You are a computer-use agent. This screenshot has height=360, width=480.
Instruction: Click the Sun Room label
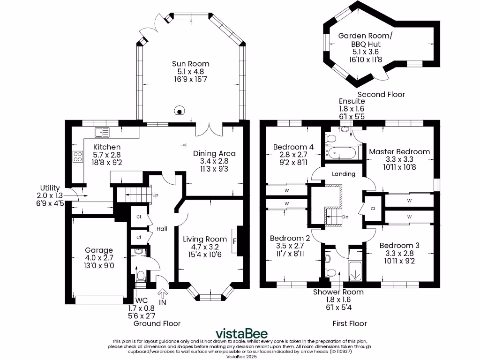coord(190,64)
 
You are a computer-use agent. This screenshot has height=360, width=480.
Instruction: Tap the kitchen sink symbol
coord(102,133)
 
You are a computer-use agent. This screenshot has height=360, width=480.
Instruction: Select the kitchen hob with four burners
coord(77,157)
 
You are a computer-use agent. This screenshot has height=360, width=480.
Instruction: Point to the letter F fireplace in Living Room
coord(235,241)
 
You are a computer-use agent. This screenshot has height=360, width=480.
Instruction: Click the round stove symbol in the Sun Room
coord(179,111)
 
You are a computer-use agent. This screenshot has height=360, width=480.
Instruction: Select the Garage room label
coord(98,250)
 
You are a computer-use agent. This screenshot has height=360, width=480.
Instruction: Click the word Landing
coord(344,174)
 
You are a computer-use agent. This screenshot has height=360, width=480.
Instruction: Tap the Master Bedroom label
coord(399,152)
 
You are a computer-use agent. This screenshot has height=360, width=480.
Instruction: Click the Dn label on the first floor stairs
coord(345,217)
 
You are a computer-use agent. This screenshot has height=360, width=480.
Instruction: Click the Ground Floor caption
coord(157,323)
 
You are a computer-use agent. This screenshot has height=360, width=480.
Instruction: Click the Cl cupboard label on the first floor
coord(373,209)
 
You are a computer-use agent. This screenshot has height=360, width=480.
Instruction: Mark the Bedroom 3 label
coord(399,246)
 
